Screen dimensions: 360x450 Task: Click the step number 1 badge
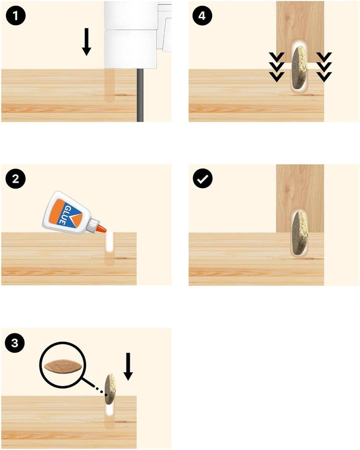click(15, 16)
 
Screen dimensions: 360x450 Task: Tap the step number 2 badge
click(15, 179)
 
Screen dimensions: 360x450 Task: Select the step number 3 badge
click(15, 343)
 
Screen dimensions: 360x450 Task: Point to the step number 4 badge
click(202, 16)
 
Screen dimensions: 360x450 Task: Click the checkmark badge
click(202, 179)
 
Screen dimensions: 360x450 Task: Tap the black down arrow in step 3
click(128, 366)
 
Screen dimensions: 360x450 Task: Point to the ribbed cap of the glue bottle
click(93, 225)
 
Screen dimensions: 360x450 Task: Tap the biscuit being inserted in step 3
click(110, 389)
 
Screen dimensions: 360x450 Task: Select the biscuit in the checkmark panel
click(299, 232)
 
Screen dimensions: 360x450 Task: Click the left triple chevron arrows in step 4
click(276, 67)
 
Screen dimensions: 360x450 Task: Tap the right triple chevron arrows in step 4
click(324, 67)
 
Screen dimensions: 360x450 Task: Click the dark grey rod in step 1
click(140, 95)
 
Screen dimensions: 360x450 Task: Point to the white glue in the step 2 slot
click(109, 242)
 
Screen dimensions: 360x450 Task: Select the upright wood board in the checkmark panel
click(300, 198)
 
